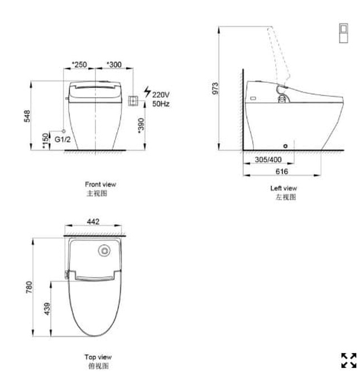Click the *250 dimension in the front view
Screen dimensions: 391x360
pos(79,65)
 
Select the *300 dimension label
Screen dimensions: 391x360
pos(114,65)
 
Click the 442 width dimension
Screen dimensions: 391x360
pos(93,222)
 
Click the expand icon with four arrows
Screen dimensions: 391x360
pos(348,360)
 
